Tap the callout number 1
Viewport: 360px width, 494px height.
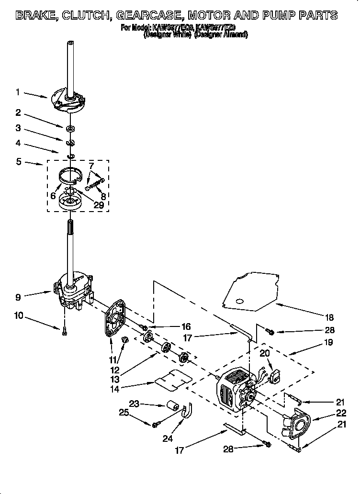coord(18,92)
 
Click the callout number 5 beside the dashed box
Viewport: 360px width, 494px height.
coord(18,162)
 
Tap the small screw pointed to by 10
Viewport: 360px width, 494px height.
coord(64,329)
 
